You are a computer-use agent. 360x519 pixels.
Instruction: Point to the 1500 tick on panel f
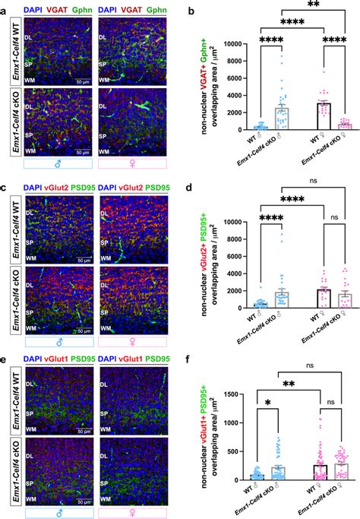click(x=238, y=395)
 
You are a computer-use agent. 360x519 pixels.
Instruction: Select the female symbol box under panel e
click(x=133, y=513)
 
